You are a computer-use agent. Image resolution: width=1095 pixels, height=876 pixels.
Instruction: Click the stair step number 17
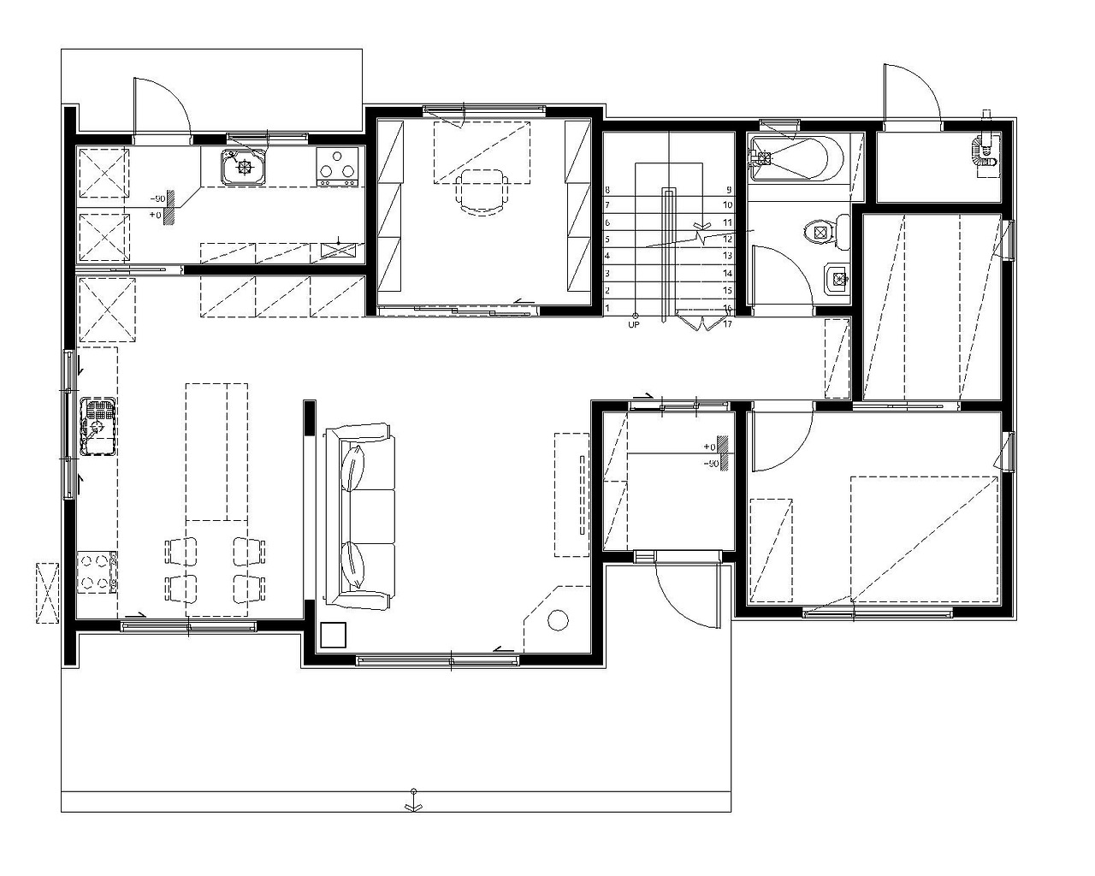pos(728,323)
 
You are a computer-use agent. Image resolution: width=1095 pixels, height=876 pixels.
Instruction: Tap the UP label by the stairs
pos(634,325)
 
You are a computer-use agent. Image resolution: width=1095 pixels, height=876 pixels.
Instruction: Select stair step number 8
pos(607,191)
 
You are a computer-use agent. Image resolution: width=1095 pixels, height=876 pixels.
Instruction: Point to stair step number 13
pos(728,256)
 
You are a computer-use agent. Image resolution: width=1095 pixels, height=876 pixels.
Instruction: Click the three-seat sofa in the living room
pos(359,516)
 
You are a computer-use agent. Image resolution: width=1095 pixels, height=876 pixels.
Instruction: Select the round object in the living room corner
pos(558,620)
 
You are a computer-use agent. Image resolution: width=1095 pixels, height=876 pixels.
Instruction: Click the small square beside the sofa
pos(334,635)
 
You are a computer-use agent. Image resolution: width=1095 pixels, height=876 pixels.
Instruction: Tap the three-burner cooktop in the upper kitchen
pos(336,167)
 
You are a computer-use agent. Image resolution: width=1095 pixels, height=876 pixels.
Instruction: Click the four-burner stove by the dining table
pos(98,572)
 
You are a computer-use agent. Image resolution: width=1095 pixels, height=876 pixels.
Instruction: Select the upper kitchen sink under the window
pos(243,166)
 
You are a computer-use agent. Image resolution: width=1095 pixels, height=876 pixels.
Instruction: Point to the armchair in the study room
pos(482,193)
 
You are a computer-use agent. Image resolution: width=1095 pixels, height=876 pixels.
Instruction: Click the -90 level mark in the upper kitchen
pos(157,198)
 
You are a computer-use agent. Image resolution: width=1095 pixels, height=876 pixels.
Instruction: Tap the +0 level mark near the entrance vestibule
pos(709,447)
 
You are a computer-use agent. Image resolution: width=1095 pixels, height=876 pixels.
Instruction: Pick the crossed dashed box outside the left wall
pos(47,593)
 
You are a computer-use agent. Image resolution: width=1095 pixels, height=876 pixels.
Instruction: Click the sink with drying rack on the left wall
pos(98,427)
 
